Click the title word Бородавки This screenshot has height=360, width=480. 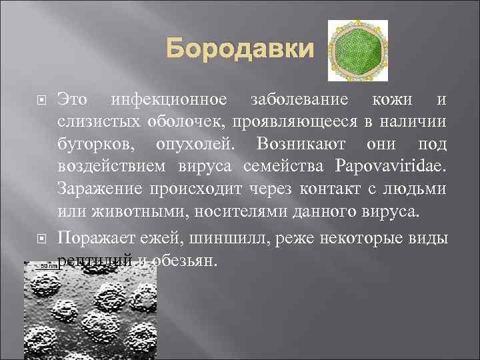[x=239, y=49]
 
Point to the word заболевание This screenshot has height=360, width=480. [x=299, y=101]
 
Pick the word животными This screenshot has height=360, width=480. [x=113, y=212]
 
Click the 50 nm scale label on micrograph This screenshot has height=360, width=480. [x=47, y=267]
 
